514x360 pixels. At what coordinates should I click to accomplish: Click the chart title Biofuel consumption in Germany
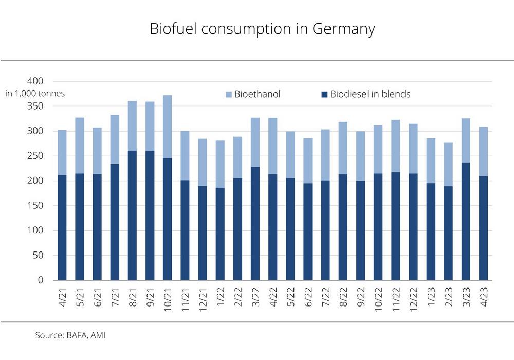click(262, 29)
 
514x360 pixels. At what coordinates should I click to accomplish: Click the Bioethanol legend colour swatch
click(229, 95)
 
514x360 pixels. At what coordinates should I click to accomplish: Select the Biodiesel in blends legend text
click(370, 94)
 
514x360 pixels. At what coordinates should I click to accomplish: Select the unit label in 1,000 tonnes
click(35, 93)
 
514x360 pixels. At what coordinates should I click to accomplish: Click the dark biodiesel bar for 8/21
click(132, 216)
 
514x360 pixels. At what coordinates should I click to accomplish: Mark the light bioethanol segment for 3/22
click(255, 142)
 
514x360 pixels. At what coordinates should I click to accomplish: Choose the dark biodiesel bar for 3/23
click(466, 221)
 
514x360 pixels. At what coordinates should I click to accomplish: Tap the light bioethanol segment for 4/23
click(483, 151)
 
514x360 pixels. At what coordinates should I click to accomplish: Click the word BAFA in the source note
click(75, 335)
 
